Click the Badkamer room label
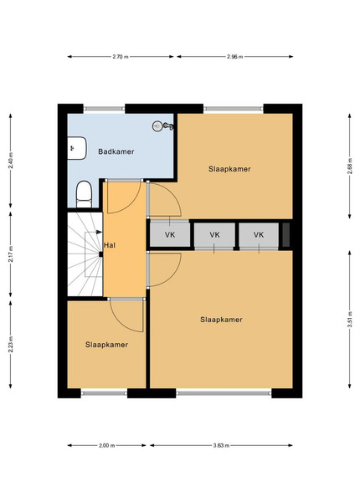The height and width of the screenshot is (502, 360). (x=116, y=151)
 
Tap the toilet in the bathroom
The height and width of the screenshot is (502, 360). (x=84, y=194)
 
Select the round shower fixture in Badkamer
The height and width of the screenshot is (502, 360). (x=157, y=125)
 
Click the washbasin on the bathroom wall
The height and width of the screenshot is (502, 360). (x=77, y=148)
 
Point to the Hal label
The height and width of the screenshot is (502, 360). (x=110, y=245)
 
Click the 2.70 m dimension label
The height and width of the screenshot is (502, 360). (x=121, y=57)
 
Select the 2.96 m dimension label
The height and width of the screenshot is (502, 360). (x=235, y=57)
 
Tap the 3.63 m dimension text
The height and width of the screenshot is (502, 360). (x=221, y=445)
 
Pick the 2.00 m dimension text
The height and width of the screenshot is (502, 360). (x=107, y=445)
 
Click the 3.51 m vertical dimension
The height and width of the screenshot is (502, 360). (x=351, y=319)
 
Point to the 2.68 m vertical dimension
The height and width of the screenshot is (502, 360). (x=350, y=166)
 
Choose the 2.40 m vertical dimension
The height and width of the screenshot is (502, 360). (x=11, y=161)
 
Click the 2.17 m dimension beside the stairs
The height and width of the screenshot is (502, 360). (x=11, y=254)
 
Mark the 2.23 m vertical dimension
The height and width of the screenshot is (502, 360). (x=11, y=344)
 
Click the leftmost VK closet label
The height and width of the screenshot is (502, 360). (x=170, y=234)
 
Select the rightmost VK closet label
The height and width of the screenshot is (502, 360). (x=259, y=234)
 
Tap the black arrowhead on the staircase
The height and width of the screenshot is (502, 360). (x=99, y=232)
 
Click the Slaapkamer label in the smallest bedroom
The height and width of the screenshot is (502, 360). (x=106, y=345)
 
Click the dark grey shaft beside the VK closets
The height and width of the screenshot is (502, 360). (x=286, y=234)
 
